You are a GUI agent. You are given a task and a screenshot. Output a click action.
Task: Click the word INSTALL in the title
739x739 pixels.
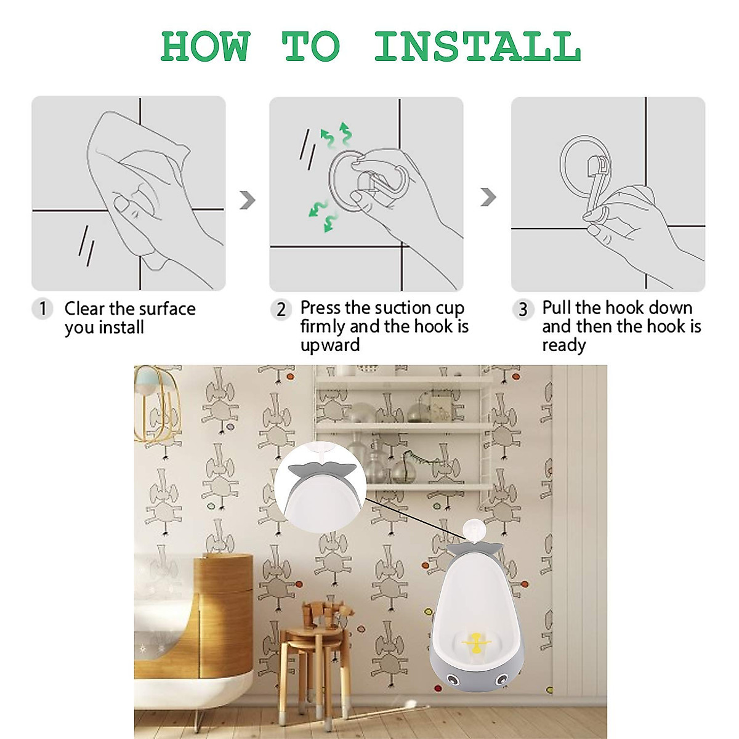pyautogui.click(x=477, y=47)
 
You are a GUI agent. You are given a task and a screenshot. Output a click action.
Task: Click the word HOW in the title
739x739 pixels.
pyautogui.click(x=205, y=47)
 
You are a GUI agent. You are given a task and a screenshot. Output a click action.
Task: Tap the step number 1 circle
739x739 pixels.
pyautogui.click(x=42, y=309)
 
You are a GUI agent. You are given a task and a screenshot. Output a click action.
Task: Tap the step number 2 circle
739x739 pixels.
pyautogui.click(x=281, y=309)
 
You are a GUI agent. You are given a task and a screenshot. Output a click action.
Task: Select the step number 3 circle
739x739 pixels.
pyautogui.click(x=523, y=309)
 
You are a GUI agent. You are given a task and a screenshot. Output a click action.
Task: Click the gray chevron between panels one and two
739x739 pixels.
pyautogui.click(x=247, y=200)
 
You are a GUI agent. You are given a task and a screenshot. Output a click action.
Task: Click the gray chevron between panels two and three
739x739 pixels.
pyautogui.click(x=488, y=197)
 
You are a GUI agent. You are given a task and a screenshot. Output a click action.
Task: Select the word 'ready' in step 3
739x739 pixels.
pyautogui.click(x=563, y=345)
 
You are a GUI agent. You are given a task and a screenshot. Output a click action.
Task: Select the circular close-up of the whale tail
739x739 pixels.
pyautogui.click(x=320, y=487)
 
